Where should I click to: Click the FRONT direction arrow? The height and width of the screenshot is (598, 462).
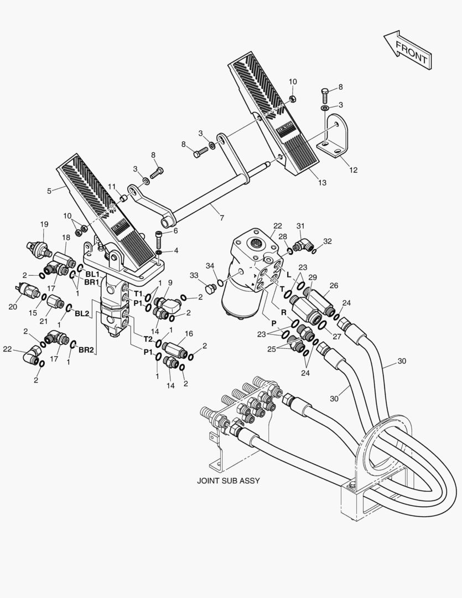coord(407,50)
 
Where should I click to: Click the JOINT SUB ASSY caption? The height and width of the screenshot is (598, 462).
coord(229,481)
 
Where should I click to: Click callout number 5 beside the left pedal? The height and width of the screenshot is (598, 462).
coord(49,191)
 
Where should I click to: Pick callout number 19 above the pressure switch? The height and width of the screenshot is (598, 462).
coord(44,224)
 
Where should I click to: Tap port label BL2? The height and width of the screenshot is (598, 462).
coord(82,313)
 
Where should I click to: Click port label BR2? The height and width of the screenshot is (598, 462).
coord(85,350)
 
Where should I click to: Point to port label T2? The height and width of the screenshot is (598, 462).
coord(148,338)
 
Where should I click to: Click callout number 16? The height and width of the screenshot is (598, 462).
coord(189,334)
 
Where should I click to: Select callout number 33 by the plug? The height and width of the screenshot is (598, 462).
coord(195,275)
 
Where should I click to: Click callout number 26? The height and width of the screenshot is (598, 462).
coord(334,286)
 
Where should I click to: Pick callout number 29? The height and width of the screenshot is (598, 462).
coord(313,277)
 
